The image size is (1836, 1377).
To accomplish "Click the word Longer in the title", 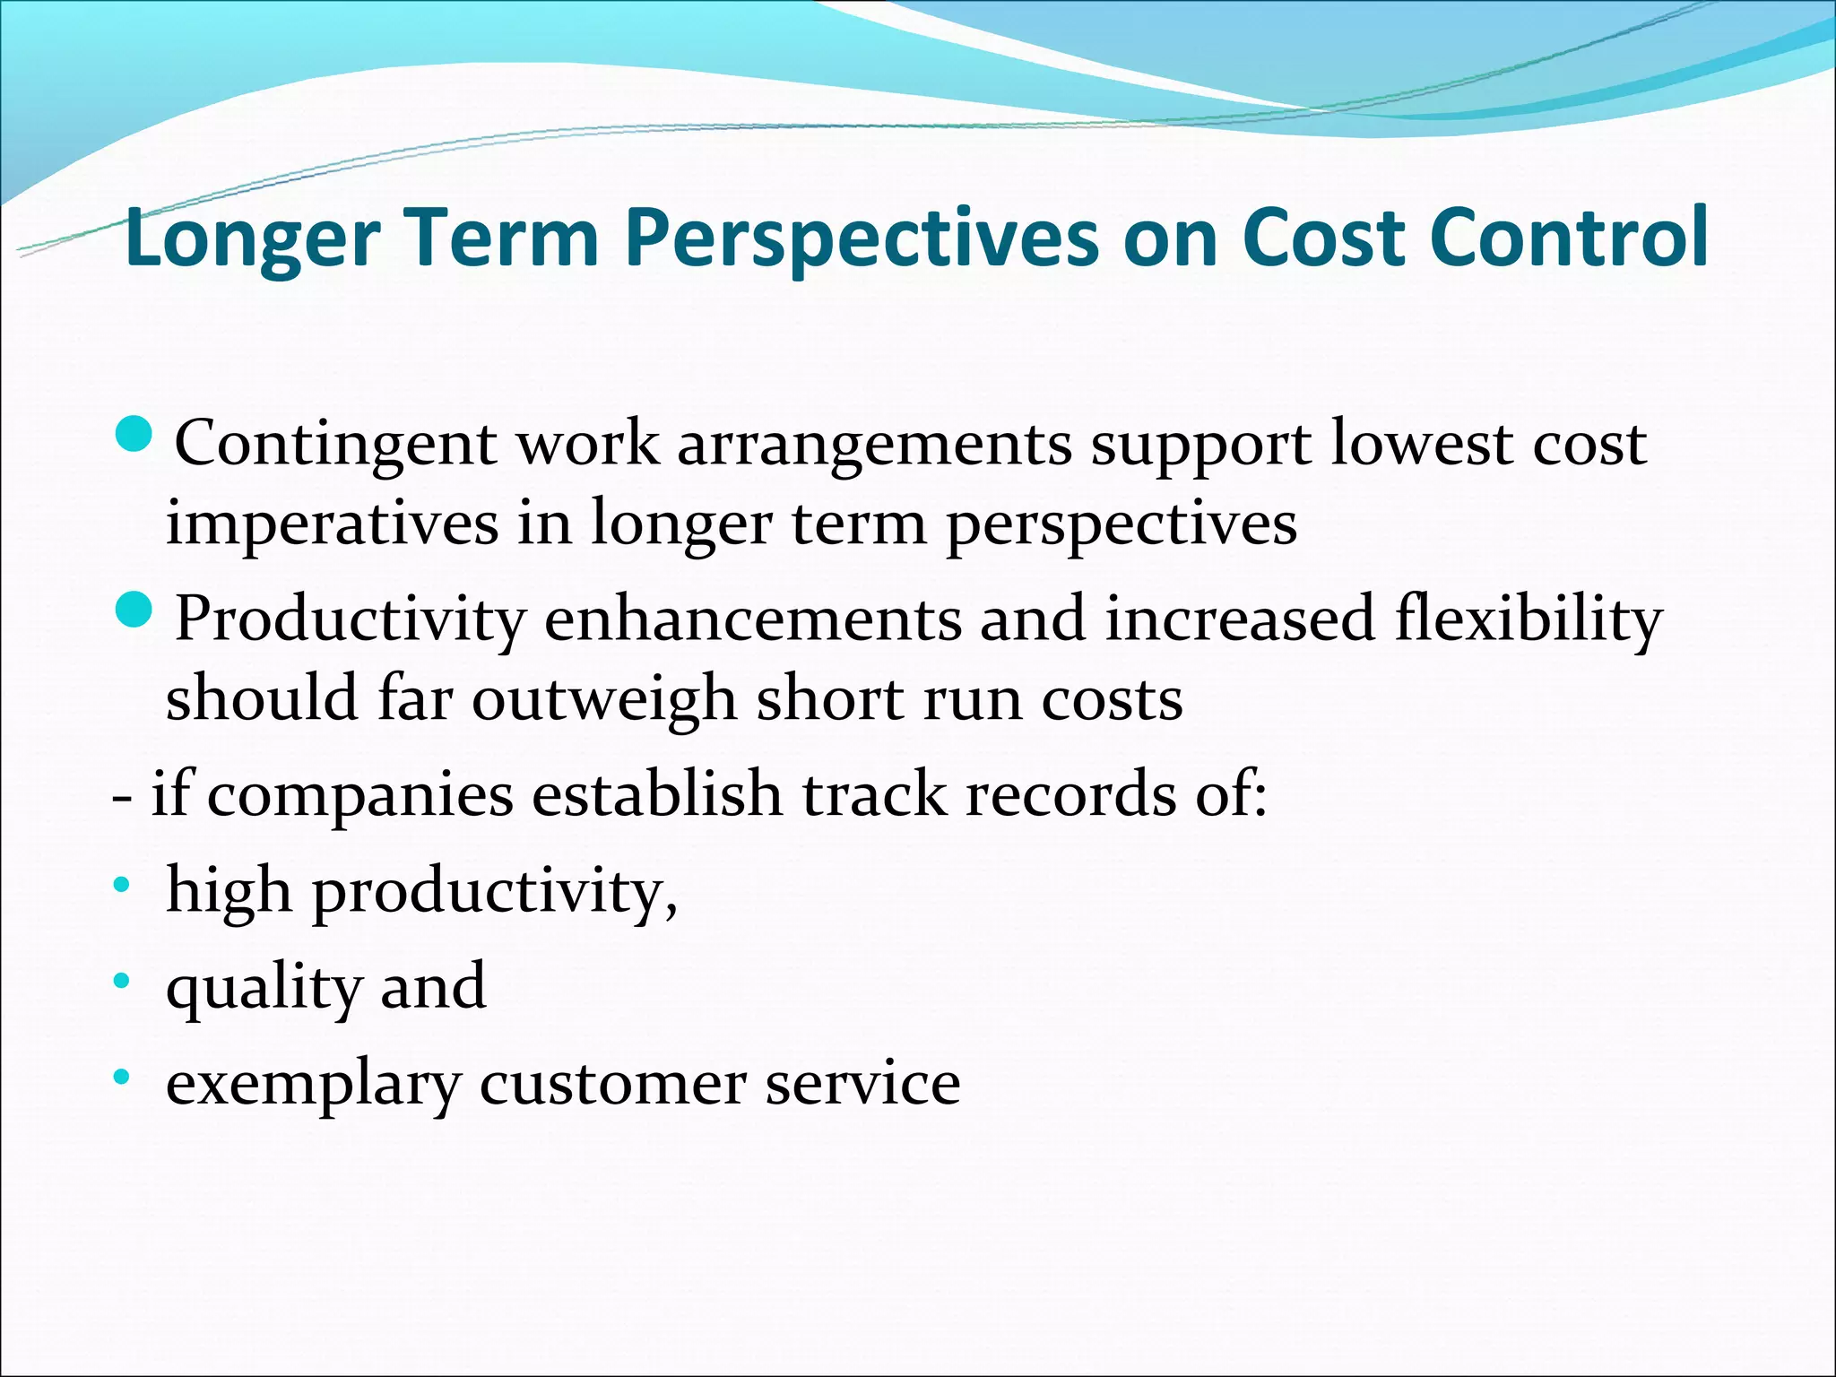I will pyautogui.click(x=253, y=238).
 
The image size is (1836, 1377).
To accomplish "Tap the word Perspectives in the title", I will pyautogui.click(x=861, y=238).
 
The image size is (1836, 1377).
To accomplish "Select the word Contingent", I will pyautogui.click(x=336, y=445).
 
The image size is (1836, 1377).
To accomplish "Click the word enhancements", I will pyautogui.click(x=753, y=619).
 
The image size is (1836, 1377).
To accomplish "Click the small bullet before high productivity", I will pyautogui.click(x=122, y=888).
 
